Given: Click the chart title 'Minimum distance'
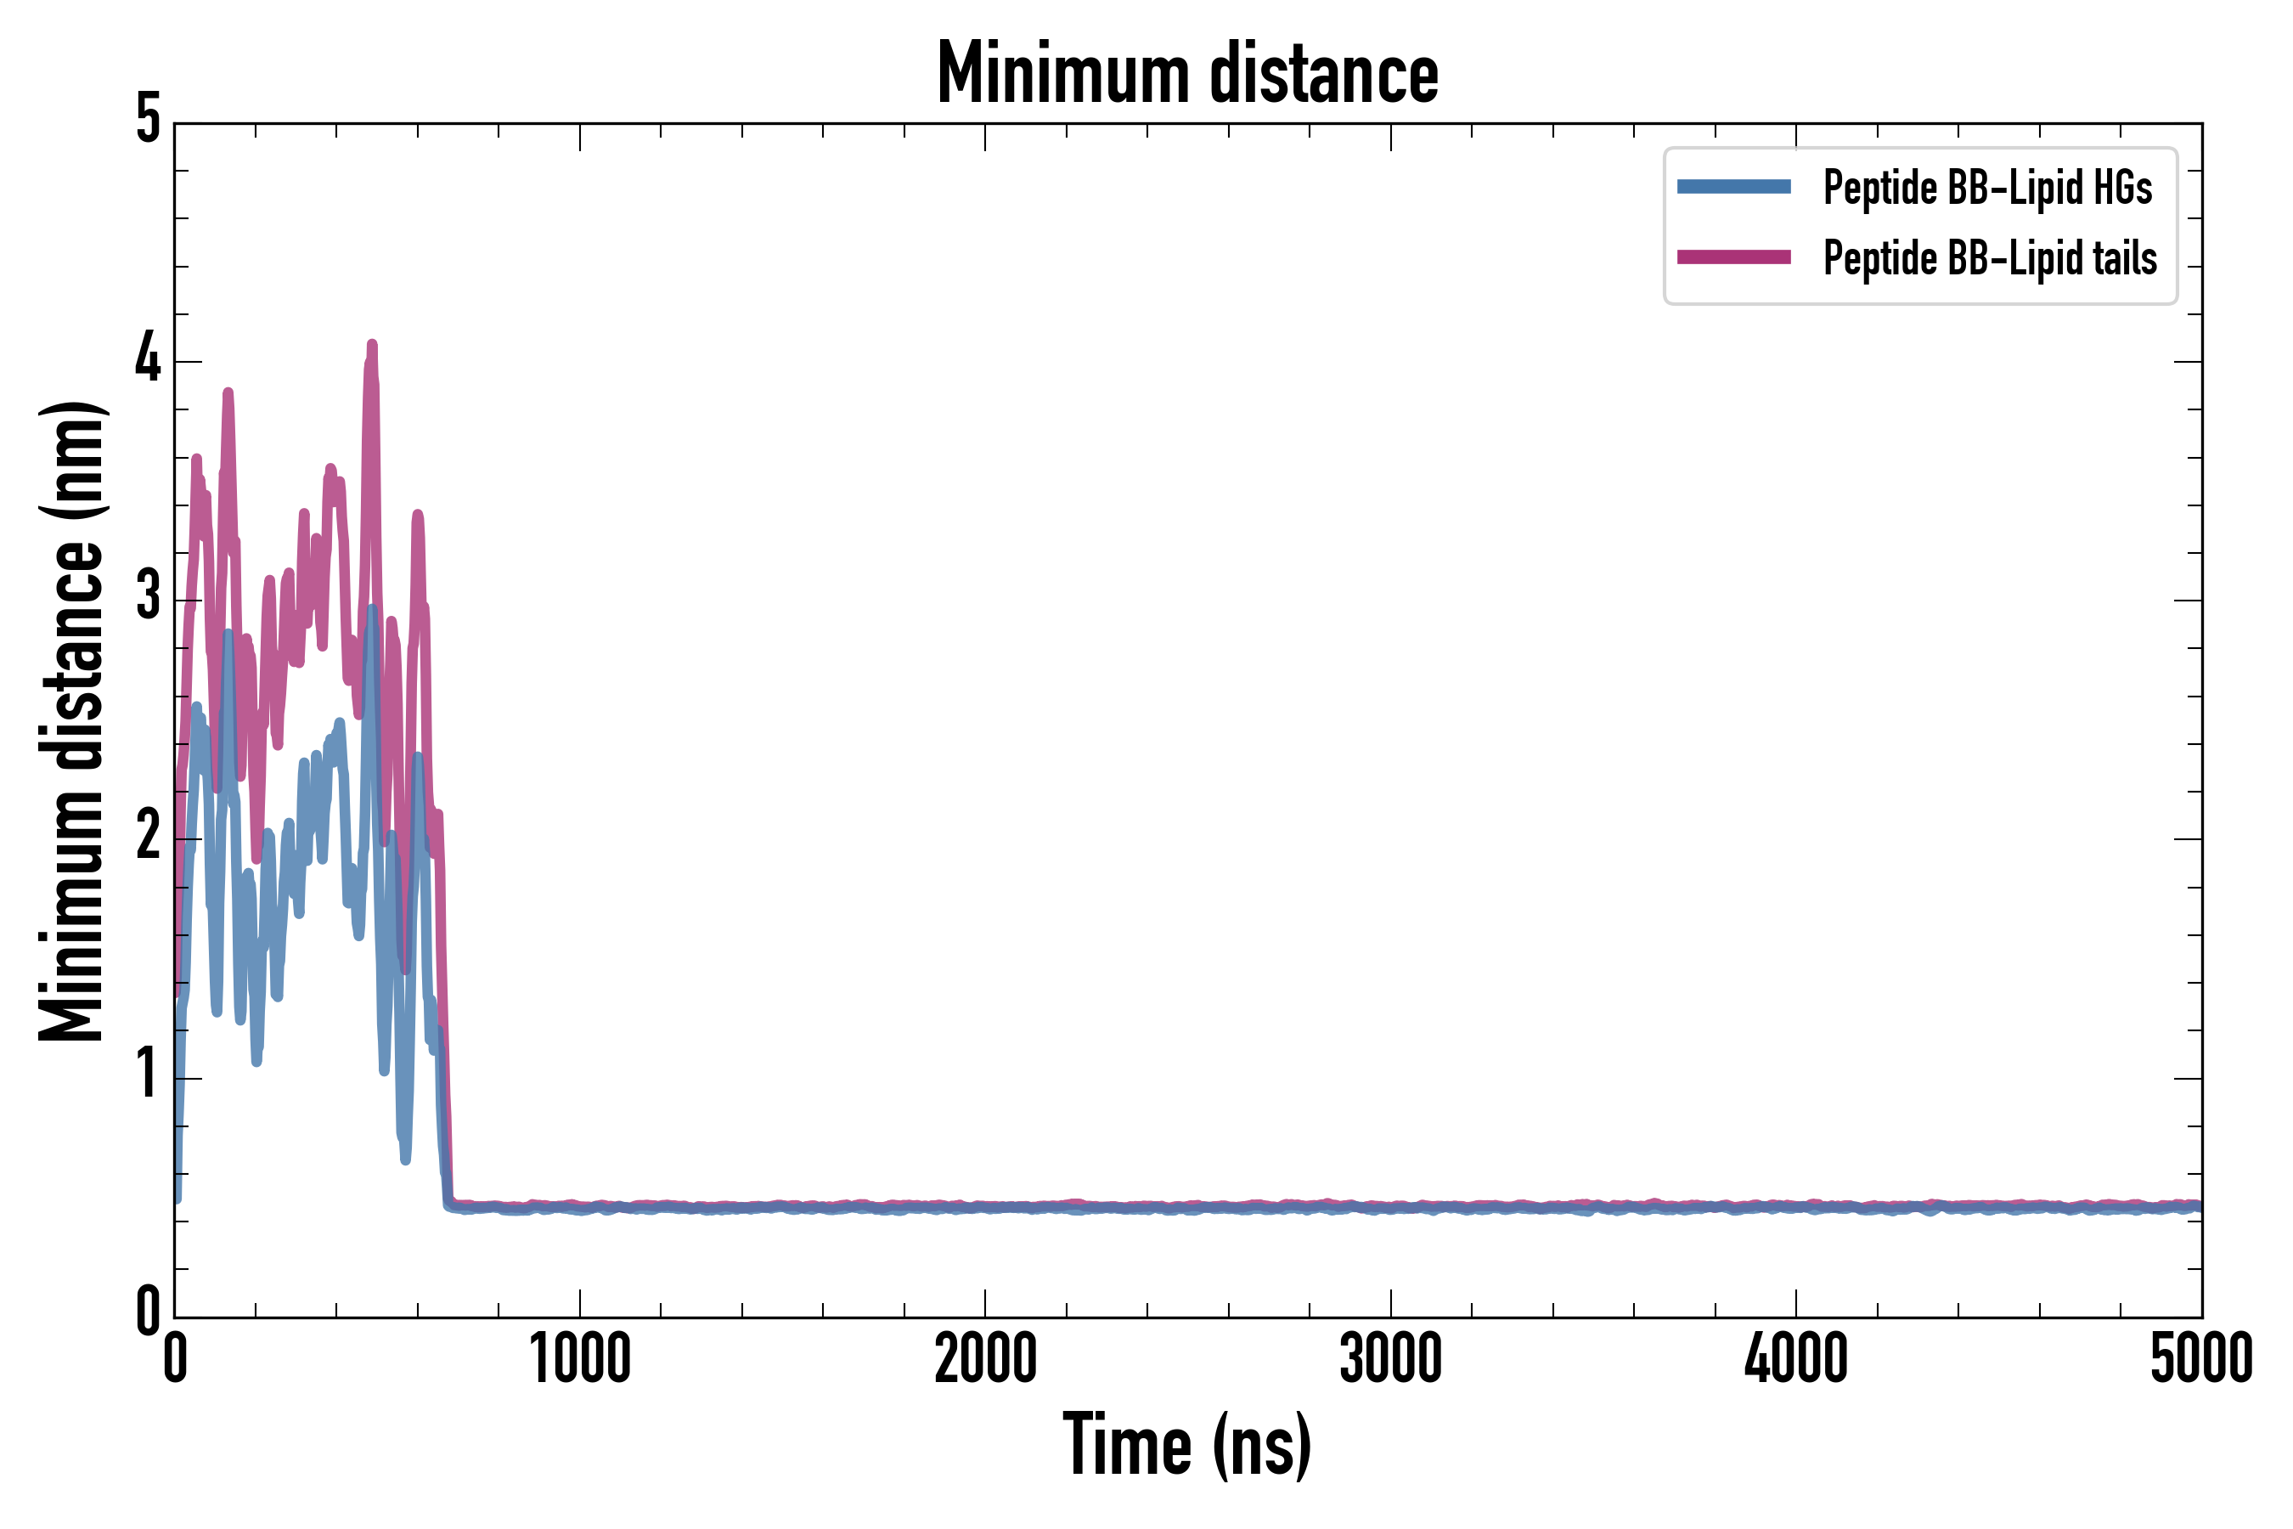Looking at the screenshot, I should [1186, 73].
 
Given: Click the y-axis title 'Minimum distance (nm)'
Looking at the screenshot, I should [71, 721].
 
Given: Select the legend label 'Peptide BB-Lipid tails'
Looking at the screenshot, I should [1990, 258].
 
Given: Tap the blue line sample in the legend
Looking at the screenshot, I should [1733, 187].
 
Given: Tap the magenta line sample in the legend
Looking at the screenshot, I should [1733, 257].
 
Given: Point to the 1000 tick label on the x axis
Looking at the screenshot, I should [580, 1358].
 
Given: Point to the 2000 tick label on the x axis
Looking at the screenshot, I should [984, 1358].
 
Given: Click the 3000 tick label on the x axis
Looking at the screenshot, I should [1390, 1358].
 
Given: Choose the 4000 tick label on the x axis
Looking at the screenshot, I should [1796, 1358].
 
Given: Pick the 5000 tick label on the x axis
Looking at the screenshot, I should [2200, 1358].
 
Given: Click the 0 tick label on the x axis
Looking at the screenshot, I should [176, 1358].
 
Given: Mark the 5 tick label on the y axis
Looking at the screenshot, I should [148, 121].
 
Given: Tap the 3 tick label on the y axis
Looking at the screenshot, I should [148, 599].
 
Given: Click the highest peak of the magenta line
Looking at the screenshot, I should [371, 345].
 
